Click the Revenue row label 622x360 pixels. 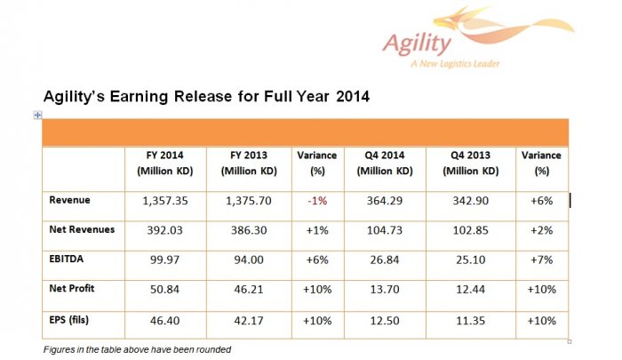click(x=71, y=200)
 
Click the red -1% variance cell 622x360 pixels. click(x=316, y=201)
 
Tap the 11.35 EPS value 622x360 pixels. click(x=470, y=318)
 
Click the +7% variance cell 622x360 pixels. click(x=541, y=260)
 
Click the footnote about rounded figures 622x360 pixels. click(x=137, y=349)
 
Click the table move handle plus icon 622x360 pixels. click(x=36, y=115)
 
